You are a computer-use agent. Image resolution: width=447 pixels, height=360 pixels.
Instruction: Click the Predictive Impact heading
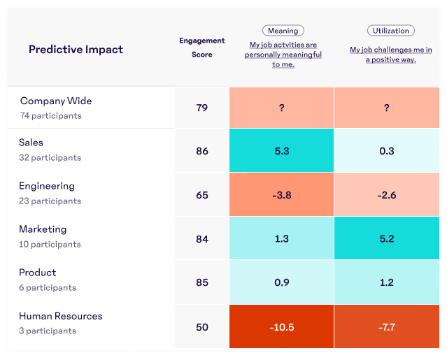pos(76,50)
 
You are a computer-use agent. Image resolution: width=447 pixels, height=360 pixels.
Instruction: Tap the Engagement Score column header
pos(201,47)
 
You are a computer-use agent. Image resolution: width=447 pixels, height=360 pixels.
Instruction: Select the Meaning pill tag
pos(283,31)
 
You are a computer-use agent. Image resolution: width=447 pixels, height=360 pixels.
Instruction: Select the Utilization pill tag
pos(390,31)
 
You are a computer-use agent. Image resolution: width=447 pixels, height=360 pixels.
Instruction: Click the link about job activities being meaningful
pos(283,55)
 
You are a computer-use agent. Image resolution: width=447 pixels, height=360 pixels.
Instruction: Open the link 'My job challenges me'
pos(390,55)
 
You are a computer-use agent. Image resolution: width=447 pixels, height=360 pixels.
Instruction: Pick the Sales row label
pos(31,143)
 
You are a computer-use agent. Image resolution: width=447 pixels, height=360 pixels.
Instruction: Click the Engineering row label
pos(47,186)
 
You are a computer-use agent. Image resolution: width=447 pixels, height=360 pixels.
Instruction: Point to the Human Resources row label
pos(61,316)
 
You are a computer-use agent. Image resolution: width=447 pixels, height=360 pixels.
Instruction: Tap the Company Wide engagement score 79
pos(202,108)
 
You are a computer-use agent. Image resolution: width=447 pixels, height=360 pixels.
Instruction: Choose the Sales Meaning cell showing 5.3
pos(282,151)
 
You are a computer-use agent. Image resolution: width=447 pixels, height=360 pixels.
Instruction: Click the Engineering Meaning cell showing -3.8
pos(282,195)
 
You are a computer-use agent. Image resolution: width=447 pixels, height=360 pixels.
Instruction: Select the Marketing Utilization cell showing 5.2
pos(387,239)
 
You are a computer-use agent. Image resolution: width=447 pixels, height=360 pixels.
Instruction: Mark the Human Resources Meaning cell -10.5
pos(282,326)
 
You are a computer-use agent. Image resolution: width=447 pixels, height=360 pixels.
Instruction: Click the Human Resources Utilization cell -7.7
pos(387,326)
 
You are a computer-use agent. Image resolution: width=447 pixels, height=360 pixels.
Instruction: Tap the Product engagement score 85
pos(202,283)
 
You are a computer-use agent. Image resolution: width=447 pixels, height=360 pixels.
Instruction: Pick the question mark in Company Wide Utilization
pos(387,108)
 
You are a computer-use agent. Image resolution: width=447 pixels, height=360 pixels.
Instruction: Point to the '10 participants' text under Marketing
pos(50,245)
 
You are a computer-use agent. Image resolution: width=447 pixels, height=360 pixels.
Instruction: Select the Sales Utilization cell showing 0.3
pos(387,151)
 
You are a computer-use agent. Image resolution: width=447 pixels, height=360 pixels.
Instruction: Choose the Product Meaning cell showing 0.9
pos(282,283)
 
